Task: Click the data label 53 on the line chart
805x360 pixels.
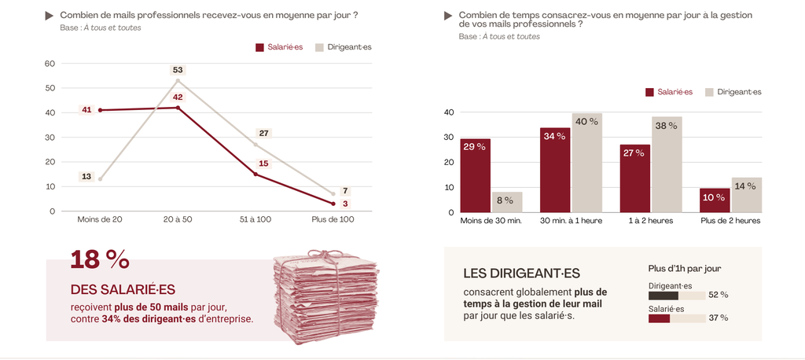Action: tap(178, 70)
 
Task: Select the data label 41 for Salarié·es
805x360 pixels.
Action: tap(86, 110)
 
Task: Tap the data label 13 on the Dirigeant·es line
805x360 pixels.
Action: tap(86, 177)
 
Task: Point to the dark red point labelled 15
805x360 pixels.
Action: tap(255, 174)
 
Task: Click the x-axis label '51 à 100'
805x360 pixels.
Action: tap(255, 219)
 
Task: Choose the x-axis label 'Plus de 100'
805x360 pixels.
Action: tap(333, 219)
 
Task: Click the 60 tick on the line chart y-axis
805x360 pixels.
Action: tap(50, 64)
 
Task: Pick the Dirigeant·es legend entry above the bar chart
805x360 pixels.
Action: tap(733, 92)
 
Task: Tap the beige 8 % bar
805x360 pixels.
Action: tap(507, 202)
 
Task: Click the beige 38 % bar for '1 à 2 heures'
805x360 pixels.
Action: tap(667, 164)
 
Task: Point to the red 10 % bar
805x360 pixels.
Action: tap(715, 200)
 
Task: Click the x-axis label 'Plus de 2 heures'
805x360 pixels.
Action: tap(730, 221)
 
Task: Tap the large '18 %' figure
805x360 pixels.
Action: tap(100, 259)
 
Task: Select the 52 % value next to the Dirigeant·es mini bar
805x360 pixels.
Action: tap(719, 296)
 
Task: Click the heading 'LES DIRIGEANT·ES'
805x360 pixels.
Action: tap(521, 274)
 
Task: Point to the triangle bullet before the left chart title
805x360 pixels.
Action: tap(50, 15)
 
